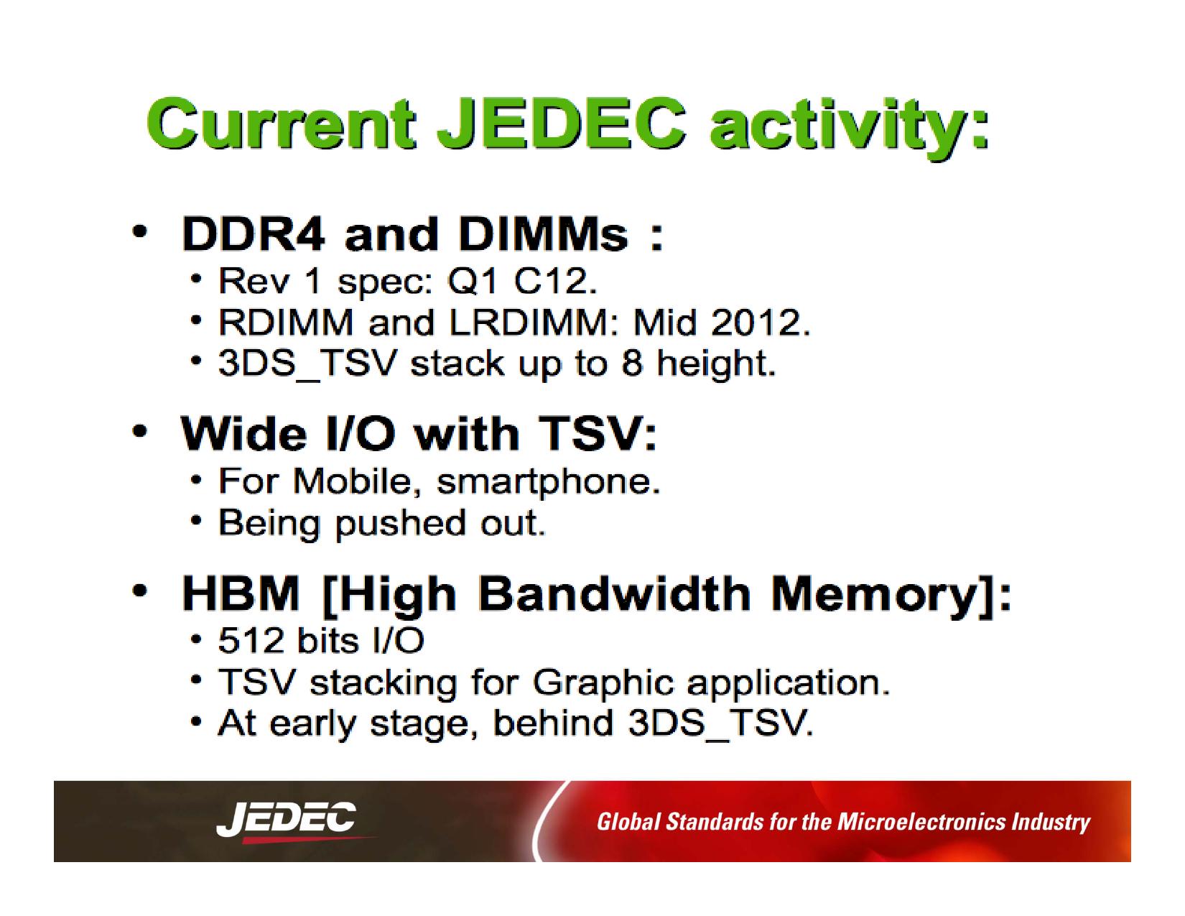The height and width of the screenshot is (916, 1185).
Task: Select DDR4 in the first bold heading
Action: click(254, 234)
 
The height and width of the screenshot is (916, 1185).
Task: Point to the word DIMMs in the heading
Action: click(544, 234)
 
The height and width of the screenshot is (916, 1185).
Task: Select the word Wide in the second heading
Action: click(243, 434)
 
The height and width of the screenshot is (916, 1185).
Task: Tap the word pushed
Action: click(401, 524)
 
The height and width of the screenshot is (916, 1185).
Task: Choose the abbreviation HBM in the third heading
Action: click(241, 593)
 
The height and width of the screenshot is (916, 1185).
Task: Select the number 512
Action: click(251, 641)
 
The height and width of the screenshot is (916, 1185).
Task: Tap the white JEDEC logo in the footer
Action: click(286, 819)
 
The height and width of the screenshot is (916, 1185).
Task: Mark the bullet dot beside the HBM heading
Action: click(139, 591)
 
